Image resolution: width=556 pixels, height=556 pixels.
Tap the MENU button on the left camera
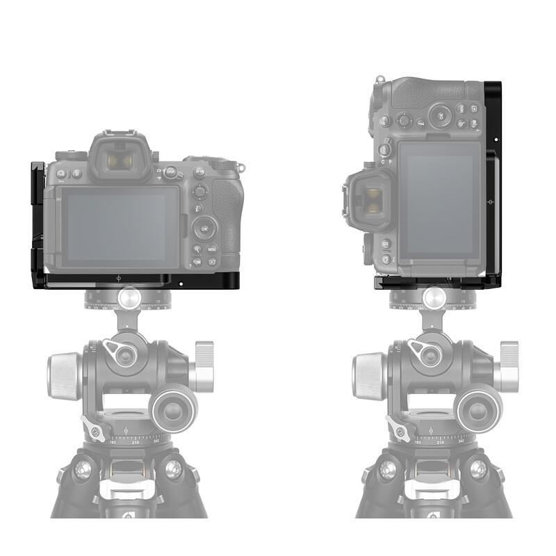pos(211,248)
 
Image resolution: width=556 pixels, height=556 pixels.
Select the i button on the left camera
pos(198,208)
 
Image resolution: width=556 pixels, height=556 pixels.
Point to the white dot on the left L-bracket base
pos(181,283)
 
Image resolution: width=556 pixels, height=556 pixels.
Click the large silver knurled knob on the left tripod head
pos(64,376)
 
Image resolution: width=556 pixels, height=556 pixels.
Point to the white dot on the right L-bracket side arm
pos(496,140)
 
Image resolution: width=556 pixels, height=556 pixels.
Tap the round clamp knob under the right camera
pos(433,298)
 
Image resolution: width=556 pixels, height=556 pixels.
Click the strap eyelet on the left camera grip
pos(241,167)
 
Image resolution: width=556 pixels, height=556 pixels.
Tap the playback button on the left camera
pos(212,262)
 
